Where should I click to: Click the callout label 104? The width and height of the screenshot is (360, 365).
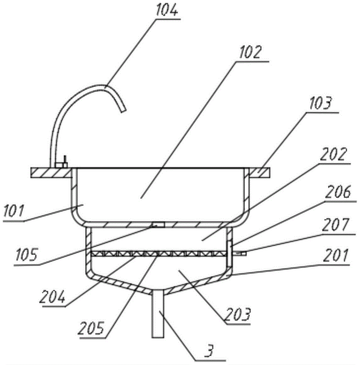tap(167, 11)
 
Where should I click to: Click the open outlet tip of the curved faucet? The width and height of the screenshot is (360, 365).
tap(124, 108)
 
